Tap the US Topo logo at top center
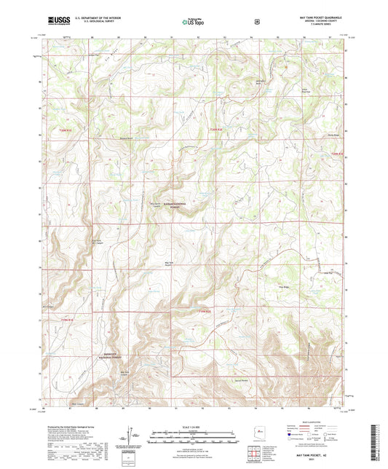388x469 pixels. coord(193,22)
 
